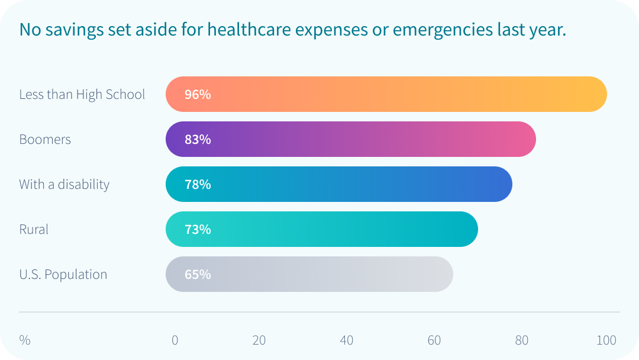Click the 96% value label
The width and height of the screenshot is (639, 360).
click(198, 94)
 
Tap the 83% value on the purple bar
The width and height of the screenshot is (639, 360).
click(198, 139)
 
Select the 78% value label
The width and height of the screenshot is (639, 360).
click(198, 184)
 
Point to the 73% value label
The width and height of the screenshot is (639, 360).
click(198, 229)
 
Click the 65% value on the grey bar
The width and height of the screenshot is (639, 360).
click(198, 274)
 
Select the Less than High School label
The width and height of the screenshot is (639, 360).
click(82, 94)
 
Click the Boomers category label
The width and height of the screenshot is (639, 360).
click(45, 139)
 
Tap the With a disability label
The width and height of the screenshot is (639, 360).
click(64, 184)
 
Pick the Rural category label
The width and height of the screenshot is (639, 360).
click(34, 229)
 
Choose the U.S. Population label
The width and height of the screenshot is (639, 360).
click(63, 274)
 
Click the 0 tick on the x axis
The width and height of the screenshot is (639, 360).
click(175, 340)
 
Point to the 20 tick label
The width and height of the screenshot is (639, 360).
click(259, 340)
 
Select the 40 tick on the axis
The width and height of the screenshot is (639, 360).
click(347, 340)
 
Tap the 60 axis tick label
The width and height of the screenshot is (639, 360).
click(434, 340)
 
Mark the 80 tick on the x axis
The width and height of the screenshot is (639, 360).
click(521, 340)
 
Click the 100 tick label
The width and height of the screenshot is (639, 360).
click(606, 340)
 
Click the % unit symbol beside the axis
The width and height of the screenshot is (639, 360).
click(24, 340)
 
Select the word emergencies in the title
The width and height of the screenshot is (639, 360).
click(431, 30)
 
